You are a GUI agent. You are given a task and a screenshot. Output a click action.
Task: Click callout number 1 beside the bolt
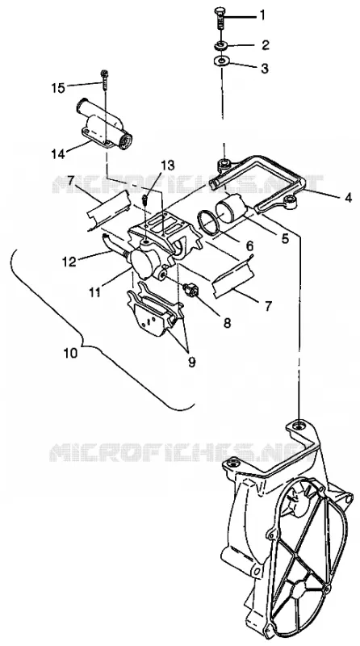(x=262, y=16)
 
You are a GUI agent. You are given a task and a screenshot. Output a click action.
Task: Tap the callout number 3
(x=265, y=69)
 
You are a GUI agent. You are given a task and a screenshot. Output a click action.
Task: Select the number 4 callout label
(x=349, y=197)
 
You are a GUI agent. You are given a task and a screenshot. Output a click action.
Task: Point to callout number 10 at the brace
(x=70, y=353)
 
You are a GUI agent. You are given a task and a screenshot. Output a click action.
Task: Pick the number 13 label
(x=168, y=166)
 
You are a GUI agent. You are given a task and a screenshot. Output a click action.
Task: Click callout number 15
(x=58, y=88)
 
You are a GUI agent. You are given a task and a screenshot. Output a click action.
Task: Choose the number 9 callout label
(x=191, y=362)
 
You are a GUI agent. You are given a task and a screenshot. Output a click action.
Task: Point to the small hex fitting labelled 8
(x=191, y=290)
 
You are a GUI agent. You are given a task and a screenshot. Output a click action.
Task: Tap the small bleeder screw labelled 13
(x=144, y=199)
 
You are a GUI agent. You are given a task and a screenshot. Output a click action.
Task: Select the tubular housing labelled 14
(x=103, y=126)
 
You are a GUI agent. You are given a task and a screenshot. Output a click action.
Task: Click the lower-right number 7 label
(x=270, y=305)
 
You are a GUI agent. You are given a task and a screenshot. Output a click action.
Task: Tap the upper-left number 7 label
(x=71, y=180)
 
